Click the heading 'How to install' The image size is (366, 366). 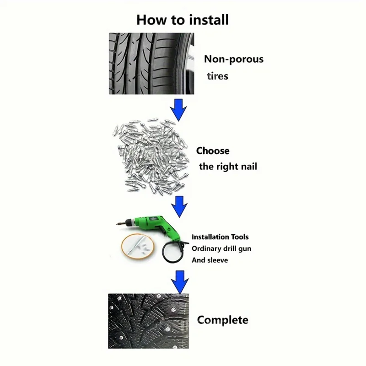click(x=183, y=20)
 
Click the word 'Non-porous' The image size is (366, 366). click(x=233, y=59)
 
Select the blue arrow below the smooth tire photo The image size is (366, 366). click(x=178, y=109)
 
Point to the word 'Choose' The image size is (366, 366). click(x=213, y=151)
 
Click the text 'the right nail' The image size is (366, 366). click(x=228, y=167)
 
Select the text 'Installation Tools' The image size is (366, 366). click(x=220, y=237)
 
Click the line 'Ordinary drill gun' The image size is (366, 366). click(x=221, y=248)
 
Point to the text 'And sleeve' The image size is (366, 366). click(x=210, y=260)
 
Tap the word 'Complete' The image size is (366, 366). click(x=222, y=319)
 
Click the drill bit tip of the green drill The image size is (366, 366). click(x=120, y=226)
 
